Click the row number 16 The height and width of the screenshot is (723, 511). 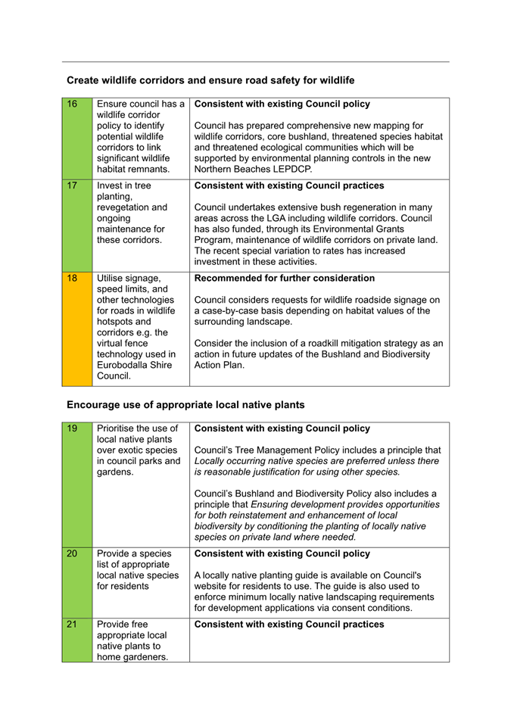click(72, 104)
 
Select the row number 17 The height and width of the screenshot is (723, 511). click(72, 185)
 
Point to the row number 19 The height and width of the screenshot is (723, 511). click(72, 429)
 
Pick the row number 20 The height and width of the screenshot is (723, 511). click(72, 553)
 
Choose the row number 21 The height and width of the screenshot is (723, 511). click(72, 625)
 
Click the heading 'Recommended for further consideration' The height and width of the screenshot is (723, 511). click(285, 278)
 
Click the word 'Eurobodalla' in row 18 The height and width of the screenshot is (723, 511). click(124, 364)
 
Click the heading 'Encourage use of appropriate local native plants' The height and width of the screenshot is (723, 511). click(185, 404)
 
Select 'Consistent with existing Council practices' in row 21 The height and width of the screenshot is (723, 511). click(289, 625)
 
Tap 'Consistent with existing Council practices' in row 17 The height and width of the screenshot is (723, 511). click(289, 185)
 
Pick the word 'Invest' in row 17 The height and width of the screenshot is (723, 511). click(111, 185)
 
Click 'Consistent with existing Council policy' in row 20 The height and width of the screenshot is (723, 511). click(282, 553)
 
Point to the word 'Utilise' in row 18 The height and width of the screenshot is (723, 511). click(113, 278)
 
